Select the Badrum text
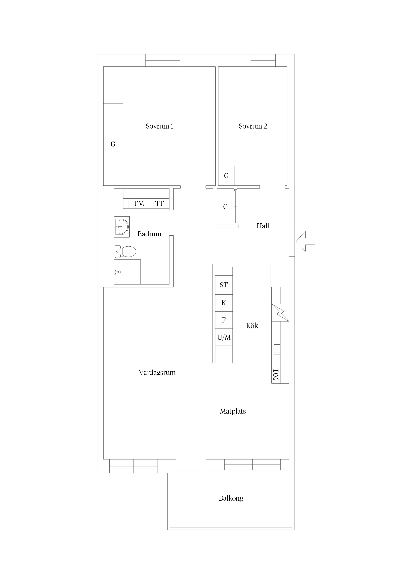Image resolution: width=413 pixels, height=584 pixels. pos(149,234)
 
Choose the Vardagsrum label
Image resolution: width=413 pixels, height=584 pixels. pos(157,373)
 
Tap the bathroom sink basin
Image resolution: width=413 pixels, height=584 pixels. pos(122,226)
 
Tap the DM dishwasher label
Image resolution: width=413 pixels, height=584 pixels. pos(276,375)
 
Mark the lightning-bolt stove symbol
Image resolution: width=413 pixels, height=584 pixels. pos(280,312)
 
